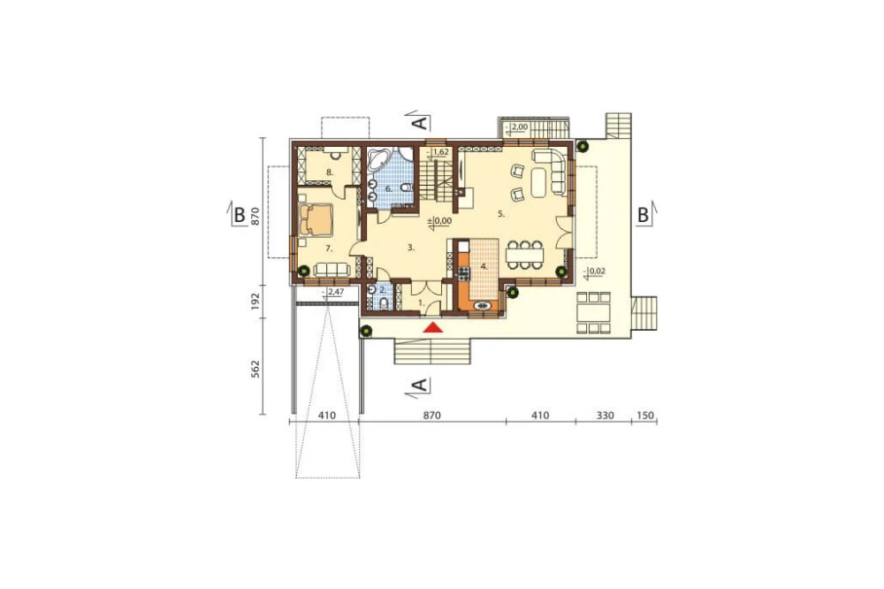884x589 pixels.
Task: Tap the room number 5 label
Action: [501, 214]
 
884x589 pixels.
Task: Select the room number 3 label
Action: [411, 247]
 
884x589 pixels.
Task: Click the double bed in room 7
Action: [316, 219]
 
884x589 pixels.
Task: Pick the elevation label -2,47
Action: [335, 292]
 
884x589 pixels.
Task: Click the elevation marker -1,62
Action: [438, 152]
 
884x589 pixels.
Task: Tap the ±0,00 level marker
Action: [439, 221]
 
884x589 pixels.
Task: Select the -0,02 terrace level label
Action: [595, 272]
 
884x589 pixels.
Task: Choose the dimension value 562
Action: [255, 369]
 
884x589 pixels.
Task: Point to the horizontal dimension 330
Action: [605, 416]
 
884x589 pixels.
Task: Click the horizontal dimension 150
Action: [645, 416]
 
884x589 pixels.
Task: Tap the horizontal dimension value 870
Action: [431, 416]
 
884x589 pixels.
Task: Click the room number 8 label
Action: [329, 172]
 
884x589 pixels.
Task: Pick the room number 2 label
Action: [383, 291]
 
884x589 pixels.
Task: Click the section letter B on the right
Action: [643, 215]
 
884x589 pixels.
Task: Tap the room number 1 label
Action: [421, 303]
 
